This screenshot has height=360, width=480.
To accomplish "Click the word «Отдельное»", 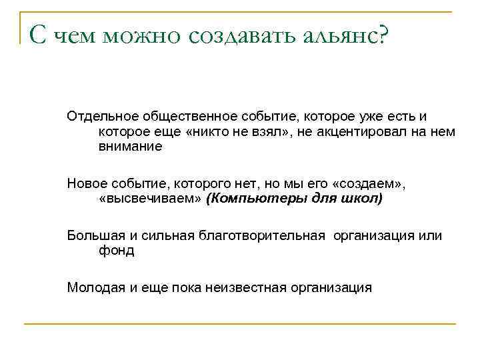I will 101,117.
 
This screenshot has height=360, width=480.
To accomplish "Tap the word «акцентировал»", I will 349,132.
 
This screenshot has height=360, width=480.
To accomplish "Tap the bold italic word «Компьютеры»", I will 248,199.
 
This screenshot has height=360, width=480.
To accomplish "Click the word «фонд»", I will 116,251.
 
